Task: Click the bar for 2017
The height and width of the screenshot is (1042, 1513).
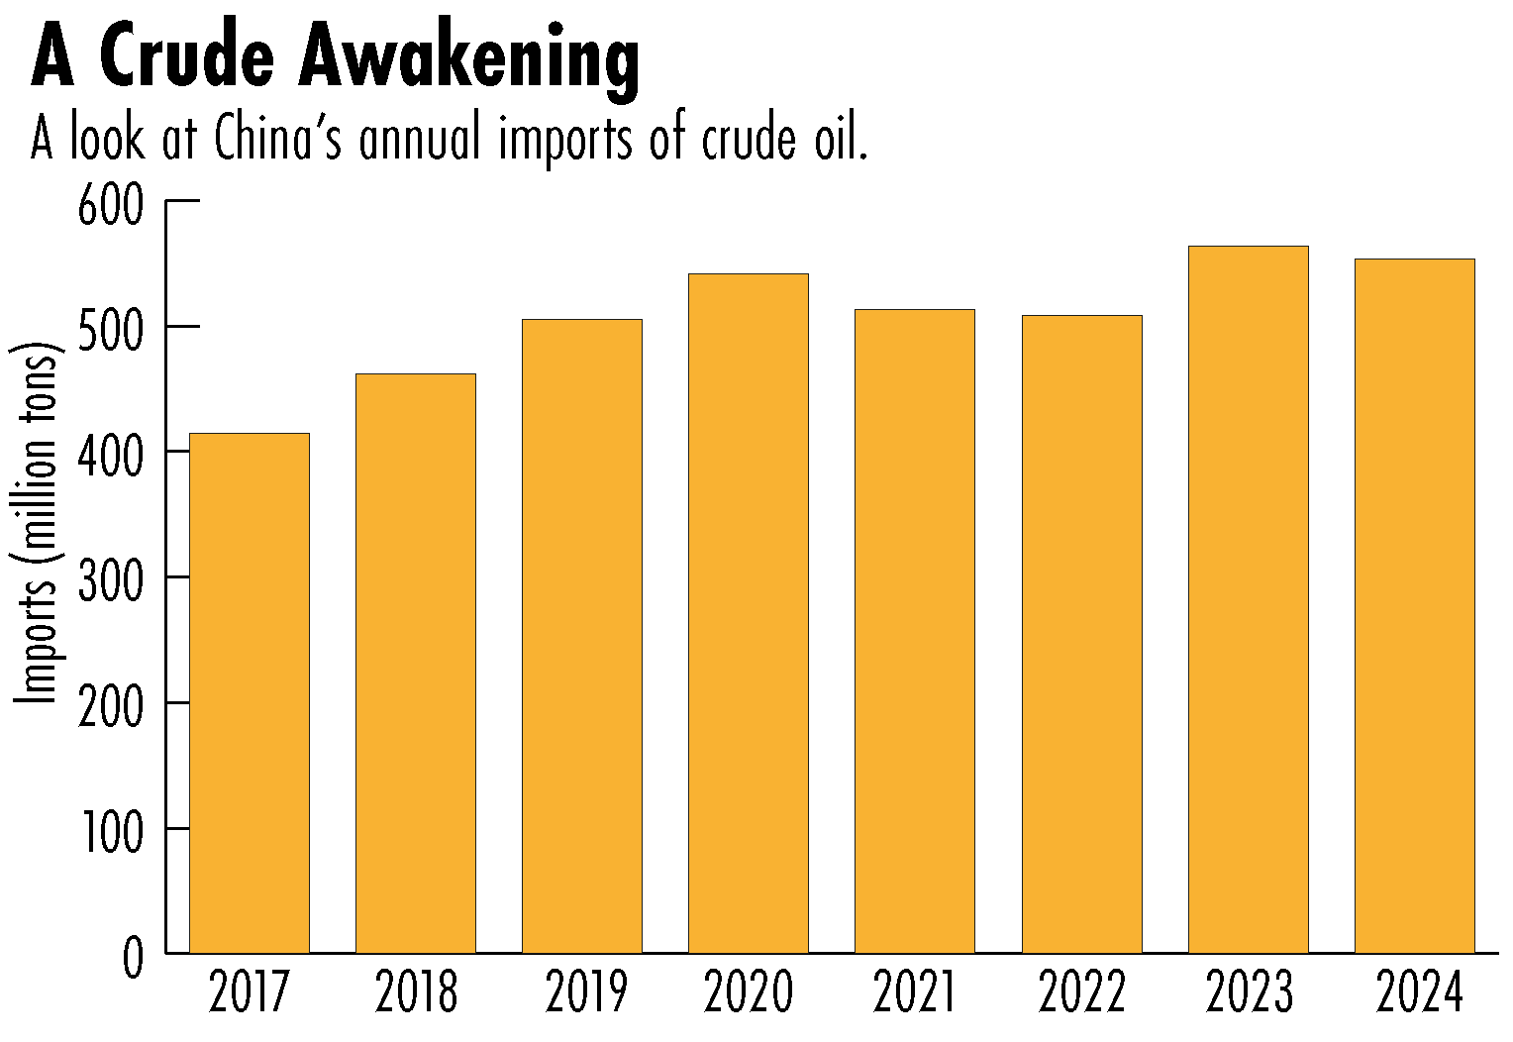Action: (x=250, y=693)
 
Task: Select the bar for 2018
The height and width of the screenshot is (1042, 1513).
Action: (x=416, y=664)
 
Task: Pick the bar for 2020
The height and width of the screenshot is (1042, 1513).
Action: (x=749, y=614)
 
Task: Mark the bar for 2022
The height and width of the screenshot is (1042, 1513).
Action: (x=1082, y=634)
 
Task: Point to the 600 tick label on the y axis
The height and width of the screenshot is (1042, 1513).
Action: (x=110, y=209)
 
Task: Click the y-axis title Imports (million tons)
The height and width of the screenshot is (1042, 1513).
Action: (x=38, y=525)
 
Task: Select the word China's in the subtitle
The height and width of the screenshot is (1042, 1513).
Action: (x=279, y=140)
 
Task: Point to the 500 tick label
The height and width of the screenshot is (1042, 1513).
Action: (x=110, y=334)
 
